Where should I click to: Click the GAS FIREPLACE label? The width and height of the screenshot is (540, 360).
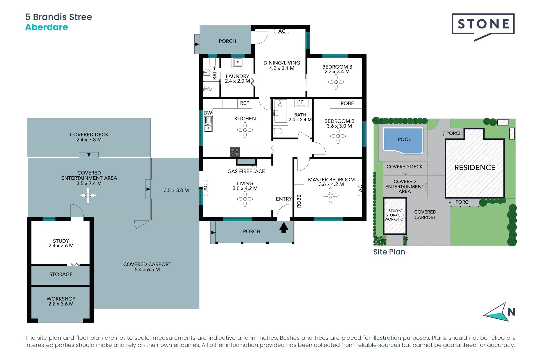point(246,171)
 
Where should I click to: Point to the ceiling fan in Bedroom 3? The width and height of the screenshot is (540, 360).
point(336,82)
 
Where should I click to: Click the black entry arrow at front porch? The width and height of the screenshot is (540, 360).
point(284,228)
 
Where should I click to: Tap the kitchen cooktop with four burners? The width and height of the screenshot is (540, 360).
point(235,152)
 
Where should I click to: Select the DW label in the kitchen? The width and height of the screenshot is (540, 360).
point(208,113)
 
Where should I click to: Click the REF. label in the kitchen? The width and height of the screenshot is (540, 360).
point(245,103)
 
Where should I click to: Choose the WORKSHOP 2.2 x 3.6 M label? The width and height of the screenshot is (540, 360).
point(61,301)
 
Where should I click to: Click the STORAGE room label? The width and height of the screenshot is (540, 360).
point(61,274)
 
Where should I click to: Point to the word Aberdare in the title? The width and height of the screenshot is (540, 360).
point(47,27)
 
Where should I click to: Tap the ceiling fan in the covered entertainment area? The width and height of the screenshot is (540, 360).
point(88,195)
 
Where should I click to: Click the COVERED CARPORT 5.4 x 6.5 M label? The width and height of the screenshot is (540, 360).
point(147,267)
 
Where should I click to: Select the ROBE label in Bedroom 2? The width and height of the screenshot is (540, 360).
point(347,103)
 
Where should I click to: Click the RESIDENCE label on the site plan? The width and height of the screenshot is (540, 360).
point(475,168)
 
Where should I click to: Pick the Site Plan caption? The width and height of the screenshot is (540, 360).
point(389,252)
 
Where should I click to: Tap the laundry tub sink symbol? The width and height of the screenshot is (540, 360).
point(238,63)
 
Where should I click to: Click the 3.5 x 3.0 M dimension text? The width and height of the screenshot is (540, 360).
point(176,190)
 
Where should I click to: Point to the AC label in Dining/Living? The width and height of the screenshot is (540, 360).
point(282,31)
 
